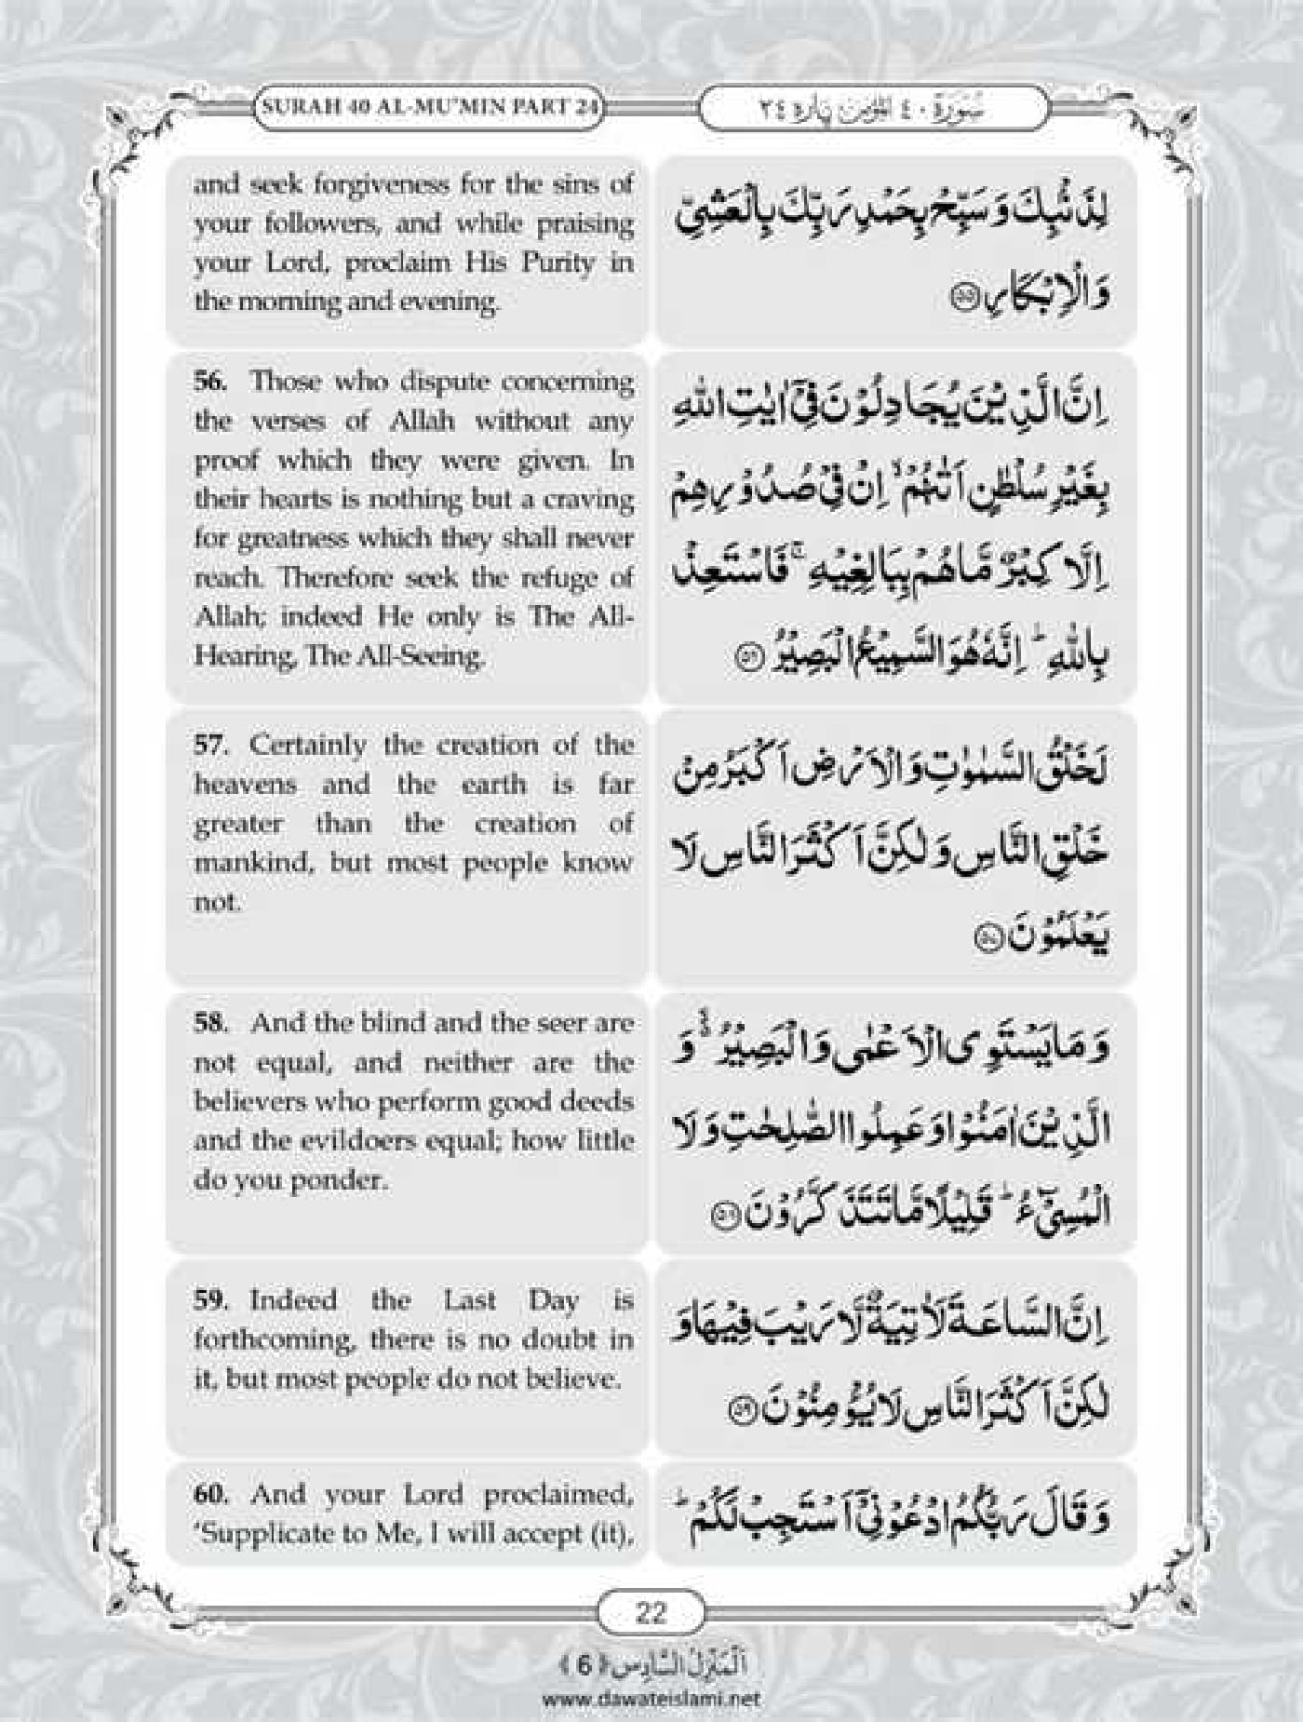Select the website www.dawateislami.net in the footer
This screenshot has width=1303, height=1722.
click(651, 1698)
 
